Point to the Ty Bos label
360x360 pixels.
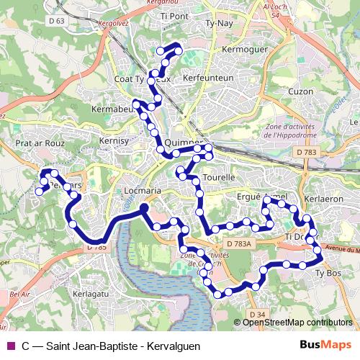tap(328, 273)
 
